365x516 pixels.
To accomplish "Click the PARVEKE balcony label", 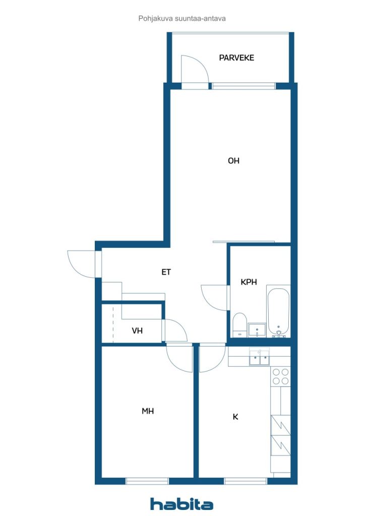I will tap(236, 58).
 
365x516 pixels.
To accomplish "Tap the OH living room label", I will tap(233, 161).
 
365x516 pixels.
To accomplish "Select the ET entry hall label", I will tap(166, 272).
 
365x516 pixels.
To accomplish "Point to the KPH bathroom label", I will tap(249, 282).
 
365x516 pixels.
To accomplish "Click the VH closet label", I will tap(137, 331).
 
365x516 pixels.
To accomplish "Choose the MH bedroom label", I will tap(147, 411).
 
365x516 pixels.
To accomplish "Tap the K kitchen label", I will tap(235, 417).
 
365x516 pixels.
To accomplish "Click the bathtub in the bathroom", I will tap(278, 310).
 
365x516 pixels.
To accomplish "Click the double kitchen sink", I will tap(259, 359).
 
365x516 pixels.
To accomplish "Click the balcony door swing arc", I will tap(194, 71).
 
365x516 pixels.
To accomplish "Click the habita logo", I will tap(181, 503).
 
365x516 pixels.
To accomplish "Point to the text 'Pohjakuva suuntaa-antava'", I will tap(181, 19).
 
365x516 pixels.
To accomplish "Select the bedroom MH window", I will tap(146, 481).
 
